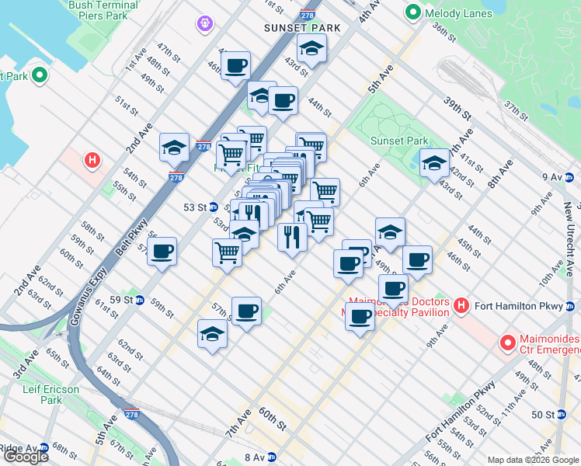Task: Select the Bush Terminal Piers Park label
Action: tap(103, 9)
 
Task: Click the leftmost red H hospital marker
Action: tap(92, 161)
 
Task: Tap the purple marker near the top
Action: tap(204, 24)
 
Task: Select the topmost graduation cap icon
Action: tap(311, 49)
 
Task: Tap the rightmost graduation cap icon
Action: tap(434, 163)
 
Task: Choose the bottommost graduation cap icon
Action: tap(212, 334)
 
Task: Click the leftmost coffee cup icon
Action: tap(162, 251)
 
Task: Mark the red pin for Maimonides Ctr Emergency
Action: tap(508, 342)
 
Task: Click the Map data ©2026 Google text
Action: tap(532, 460)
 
